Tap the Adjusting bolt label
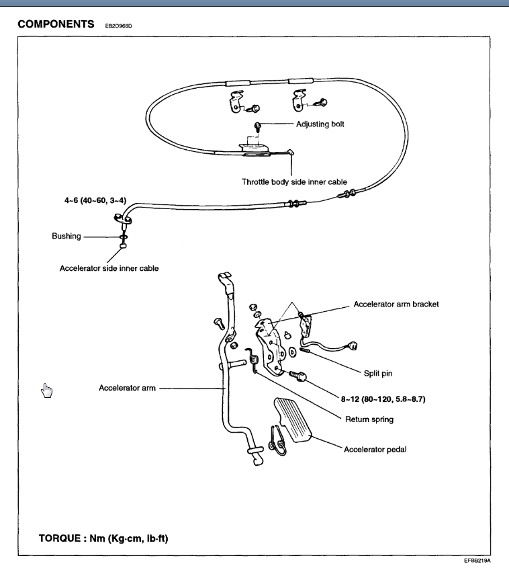point(320,124)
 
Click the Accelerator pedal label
point(375,449)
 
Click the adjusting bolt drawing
point(258,125)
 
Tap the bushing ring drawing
point(124,237)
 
